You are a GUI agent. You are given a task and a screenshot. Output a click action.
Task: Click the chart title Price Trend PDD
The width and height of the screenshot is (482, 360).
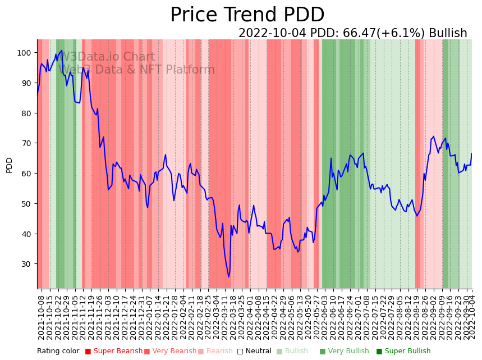pyautogui.click(x=247, y=15)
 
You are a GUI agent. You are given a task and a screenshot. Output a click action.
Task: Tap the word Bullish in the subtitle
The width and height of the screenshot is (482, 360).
pyautogui.click(x=448, y=33)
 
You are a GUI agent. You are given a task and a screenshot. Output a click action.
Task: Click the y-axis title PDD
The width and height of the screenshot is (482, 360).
pyautogui.click(x=10, y=165)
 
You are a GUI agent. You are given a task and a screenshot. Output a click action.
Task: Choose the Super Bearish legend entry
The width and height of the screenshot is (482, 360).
pyautogui.click(x=113, y=351)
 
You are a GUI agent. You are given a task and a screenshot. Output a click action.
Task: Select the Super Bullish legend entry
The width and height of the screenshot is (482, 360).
pyautogui.click(x=403, y=351)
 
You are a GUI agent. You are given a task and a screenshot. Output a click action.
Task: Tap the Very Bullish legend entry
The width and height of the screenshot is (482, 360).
pyautogui.click(x=344, y=351)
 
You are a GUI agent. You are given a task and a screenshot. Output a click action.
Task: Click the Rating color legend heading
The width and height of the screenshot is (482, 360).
pyautogui.click(x=58, y=351)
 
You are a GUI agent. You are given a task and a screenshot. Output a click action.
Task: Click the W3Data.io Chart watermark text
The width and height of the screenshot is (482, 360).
pyautogui.click(x=107, y=57)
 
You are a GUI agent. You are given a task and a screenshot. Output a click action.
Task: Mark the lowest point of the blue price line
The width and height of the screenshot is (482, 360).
pyautogui.click(x=228, y=277)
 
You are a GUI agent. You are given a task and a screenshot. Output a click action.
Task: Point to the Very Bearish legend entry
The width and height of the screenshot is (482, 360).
pyautogui.click(x=171, y=351)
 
